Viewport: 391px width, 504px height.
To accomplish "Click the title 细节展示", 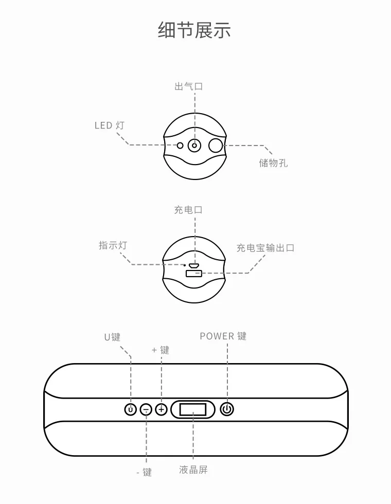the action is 194,30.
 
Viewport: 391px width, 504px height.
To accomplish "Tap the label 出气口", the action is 189,86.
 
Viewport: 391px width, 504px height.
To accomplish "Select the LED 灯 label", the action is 109,125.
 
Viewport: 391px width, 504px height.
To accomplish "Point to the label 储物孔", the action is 273,163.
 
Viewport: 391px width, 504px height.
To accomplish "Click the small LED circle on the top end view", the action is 180,146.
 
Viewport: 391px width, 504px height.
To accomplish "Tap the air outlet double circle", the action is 194,146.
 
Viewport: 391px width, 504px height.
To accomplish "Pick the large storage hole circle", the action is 216,145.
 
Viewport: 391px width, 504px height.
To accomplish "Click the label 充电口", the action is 188,210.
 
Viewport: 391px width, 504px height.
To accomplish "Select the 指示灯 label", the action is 113,245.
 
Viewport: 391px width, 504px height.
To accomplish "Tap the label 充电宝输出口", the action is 265,248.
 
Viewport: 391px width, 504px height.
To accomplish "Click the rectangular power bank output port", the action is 194,274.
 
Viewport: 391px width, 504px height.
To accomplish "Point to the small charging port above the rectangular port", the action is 194,266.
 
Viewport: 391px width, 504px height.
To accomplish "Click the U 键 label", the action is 112,337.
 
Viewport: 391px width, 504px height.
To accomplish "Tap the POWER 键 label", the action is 223,336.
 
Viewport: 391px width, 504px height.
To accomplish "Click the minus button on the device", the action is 146,409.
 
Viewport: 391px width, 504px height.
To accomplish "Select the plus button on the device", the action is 161,409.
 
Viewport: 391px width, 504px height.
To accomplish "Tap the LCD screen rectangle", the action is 192,409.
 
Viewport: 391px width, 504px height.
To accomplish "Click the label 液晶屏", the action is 193,470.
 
